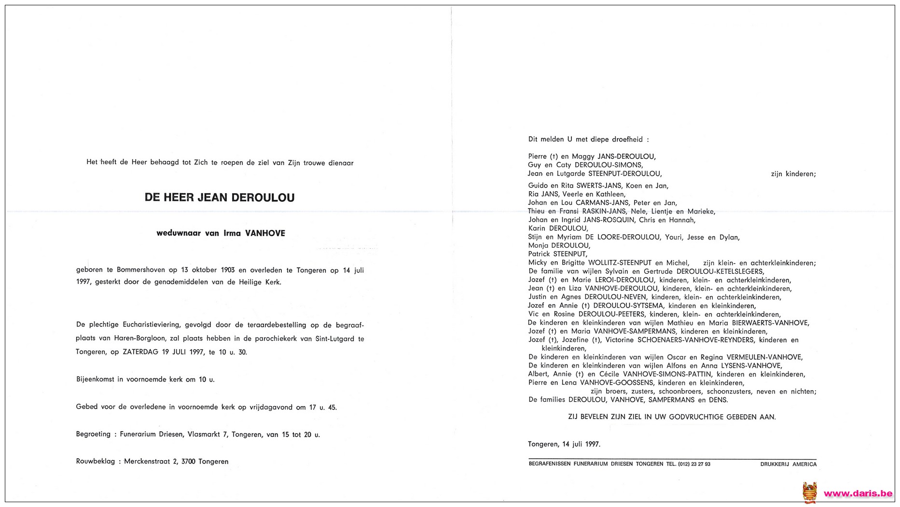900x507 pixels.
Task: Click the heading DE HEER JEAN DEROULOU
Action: coord(220,197)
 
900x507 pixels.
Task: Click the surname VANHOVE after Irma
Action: coord(265,233)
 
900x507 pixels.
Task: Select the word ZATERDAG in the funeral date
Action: coord(140,352)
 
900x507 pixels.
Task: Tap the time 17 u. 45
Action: coord(323,407)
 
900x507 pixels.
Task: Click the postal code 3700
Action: coord(188,462)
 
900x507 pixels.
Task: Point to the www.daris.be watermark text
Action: coord(858,493)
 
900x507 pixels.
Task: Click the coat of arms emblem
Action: coord(810,493)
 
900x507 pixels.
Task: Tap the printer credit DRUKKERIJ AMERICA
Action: coord(788,464)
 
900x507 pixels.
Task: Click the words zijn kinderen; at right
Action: coord(793,174)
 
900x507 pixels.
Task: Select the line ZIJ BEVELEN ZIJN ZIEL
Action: coord(672,417)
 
